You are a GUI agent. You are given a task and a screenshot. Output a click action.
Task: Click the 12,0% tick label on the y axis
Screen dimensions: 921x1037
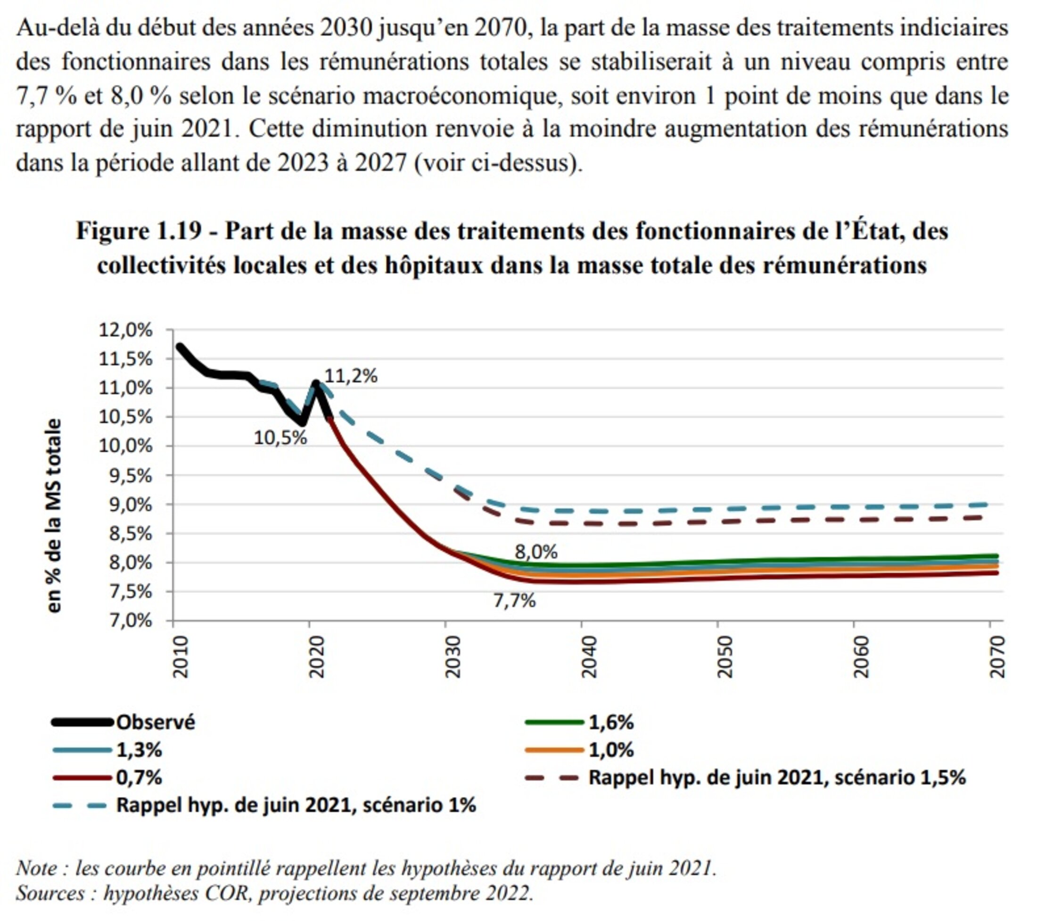click(x=125, y=330)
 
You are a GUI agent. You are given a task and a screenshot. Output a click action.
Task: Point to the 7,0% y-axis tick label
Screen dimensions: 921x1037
click(x=125, y=620)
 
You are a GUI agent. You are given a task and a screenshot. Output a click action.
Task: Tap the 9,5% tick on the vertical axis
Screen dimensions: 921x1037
click(x=125, y=476)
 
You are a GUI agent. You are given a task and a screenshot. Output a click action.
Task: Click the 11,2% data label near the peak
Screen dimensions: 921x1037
click(x=351, y=376)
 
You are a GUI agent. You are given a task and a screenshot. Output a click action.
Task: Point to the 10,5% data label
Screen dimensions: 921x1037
click(x=280, y=437)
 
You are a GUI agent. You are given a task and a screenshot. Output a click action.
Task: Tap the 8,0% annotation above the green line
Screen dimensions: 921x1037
click(x=536, y=551)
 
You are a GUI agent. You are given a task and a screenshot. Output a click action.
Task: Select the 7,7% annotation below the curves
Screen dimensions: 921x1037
click(x=514, y=601)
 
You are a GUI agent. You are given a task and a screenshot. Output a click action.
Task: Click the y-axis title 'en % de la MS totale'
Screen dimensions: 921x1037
click(x=54, y=515)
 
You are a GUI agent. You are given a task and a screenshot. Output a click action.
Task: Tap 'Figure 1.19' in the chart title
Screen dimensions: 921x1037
click(x=139, y=231)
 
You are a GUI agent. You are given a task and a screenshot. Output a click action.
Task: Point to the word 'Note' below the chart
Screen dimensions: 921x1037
click(x=38, y=868)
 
